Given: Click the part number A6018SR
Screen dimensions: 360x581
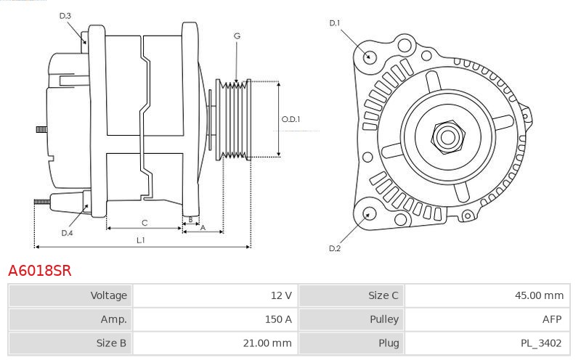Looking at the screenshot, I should (x=39, y=271).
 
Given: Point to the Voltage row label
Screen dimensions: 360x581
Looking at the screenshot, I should (x=108, y=295).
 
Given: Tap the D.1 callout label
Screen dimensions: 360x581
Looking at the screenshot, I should (x=334, y=23).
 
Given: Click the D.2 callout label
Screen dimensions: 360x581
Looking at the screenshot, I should (x=334, y=249).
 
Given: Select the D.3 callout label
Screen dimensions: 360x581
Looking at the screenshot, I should (x=65, y=15).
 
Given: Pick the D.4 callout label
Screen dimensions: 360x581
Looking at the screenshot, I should (x=67, y=233).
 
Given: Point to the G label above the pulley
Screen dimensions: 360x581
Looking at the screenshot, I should (x=237, y=36).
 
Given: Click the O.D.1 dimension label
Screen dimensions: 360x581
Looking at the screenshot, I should (x=290, y=120).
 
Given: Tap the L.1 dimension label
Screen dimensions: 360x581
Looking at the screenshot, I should (x=141, y=240).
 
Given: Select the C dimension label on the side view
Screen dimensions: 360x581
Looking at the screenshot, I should (x=145, y=222).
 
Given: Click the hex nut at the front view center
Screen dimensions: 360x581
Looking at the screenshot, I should (x=446, y=135).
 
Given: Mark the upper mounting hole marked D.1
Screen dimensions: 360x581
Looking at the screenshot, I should (x=368, y=57).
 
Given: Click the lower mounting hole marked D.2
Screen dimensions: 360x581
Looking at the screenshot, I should (x=368, y=213).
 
